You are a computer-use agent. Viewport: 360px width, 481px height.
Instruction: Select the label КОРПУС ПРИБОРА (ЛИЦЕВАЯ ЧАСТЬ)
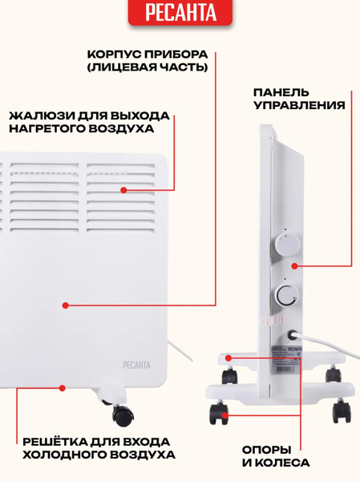(148, 61)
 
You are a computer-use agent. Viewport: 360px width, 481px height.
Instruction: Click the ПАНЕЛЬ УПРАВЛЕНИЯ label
(299, 98)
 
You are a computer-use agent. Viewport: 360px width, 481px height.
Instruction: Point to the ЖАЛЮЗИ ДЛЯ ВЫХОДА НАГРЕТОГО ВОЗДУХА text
(82, 122)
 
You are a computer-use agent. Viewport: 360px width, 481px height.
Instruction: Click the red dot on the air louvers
(124, 190)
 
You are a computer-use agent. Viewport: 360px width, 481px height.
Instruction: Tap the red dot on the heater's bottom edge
(62, 388)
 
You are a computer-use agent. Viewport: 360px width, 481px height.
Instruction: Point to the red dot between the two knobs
(294, 265)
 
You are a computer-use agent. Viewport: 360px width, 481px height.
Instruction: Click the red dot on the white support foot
(229, 358)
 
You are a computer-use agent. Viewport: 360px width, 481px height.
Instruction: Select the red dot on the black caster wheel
(225, 414)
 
